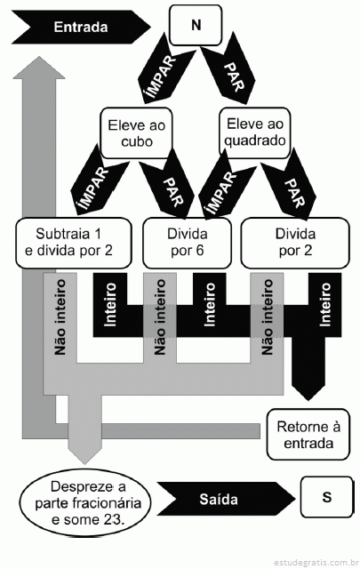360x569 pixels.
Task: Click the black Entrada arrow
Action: click(x=82, y=28)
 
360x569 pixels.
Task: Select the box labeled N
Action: click(x=196, y=25)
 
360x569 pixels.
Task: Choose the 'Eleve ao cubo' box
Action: click(x=137, y=133)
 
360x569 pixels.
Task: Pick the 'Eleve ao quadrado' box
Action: click(x=255, y=132)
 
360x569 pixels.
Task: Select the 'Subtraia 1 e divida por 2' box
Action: click(x=73, y=243)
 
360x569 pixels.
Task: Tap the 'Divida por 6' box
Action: click(x=187, y=243)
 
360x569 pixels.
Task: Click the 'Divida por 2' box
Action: click(x=295, y=243)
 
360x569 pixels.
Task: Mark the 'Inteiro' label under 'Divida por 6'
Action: click(x=210, y=304)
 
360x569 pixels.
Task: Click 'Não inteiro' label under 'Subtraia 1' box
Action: click(x=60, y=317)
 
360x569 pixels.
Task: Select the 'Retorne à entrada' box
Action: click(x=308, y=435)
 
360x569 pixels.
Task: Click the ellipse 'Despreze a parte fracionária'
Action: click(x=85, y=503)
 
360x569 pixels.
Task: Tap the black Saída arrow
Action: click(x=226, y=500)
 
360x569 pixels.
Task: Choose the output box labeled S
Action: click(x=326, y=497)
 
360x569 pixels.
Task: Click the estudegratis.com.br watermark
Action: click(x=315, y=563)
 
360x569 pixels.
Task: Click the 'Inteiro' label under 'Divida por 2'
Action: click(x=325, y=304)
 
